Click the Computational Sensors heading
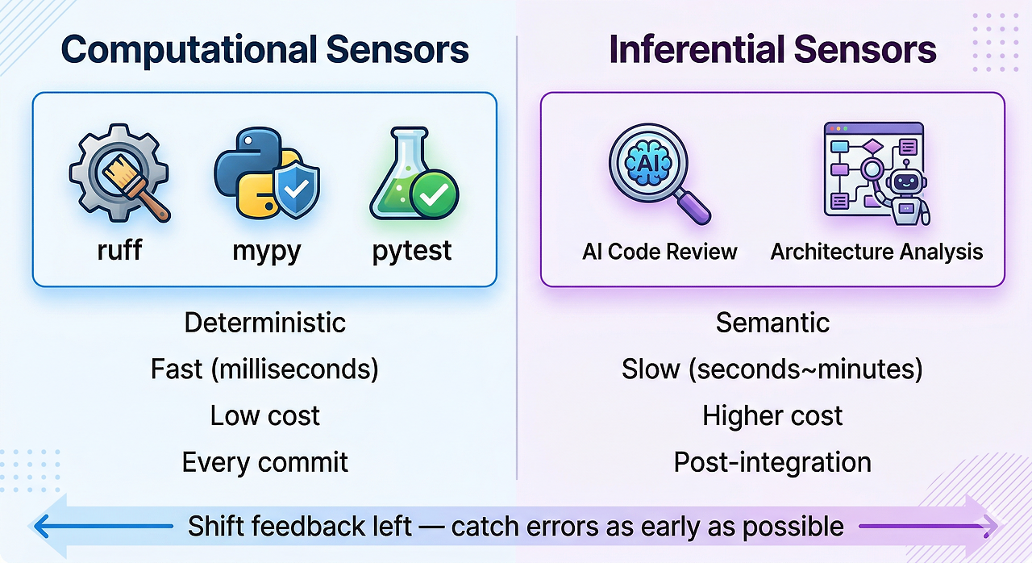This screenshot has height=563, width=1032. pyautogui.click(x=265, y=50)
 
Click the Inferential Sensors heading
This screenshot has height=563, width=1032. pyautogui.click(x=772, y=49)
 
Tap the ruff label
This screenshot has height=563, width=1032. pyautogui.click(x=119, y=250)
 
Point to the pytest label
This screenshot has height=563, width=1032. pyautogui.click(x=412, y=252)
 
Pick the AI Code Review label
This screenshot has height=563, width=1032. pyautogui.click(x=660, y=252)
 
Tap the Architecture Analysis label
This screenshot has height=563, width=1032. pyautogui.click(x=876, y=252)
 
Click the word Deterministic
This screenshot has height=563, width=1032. pyautogui.click(x=265, y=323)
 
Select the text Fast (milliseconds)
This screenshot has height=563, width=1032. pyautogui.click(x=265, y=369)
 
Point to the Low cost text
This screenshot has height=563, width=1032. pyautogui.click(x=265, y=415)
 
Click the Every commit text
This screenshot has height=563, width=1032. pyautogui.click(x=265, y=462)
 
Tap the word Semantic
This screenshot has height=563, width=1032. pyautogui.click(x=772, y=323)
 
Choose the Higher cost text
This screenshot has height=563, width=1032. pyautogui.click(x=772, y=416)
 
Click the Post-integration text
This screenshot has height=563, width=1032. pyautogui.click(x=772, y=462)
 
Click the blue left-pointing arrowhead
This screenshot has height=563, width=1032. pyautogui.click(x=41, y=527)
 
